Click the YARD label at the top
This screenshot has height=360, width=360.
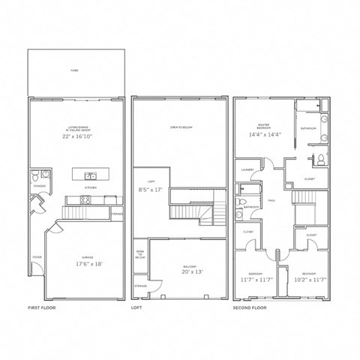point(74,69)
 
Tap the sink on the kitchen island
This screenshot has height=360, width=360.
point(85,175)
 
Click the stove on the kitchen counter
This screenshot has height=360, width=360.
point(85,199)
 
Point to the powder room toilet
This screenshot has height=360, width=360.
point(35,177)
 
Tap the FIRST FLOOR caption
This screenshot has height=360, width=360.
point(42,307)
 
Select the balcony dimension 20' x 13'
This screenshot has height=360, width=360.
point(187,272)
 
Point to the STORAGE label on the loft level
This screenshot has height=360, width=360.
point(141,286)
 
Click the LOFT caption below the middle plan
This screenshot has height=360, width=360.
point(136,307)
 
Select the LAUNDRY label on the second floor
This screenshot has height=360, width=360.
point(249,169)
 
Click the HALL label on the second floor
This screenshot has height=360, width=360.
point(272,200)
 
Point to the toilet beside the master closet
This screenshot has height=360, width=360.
point(320,158)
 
